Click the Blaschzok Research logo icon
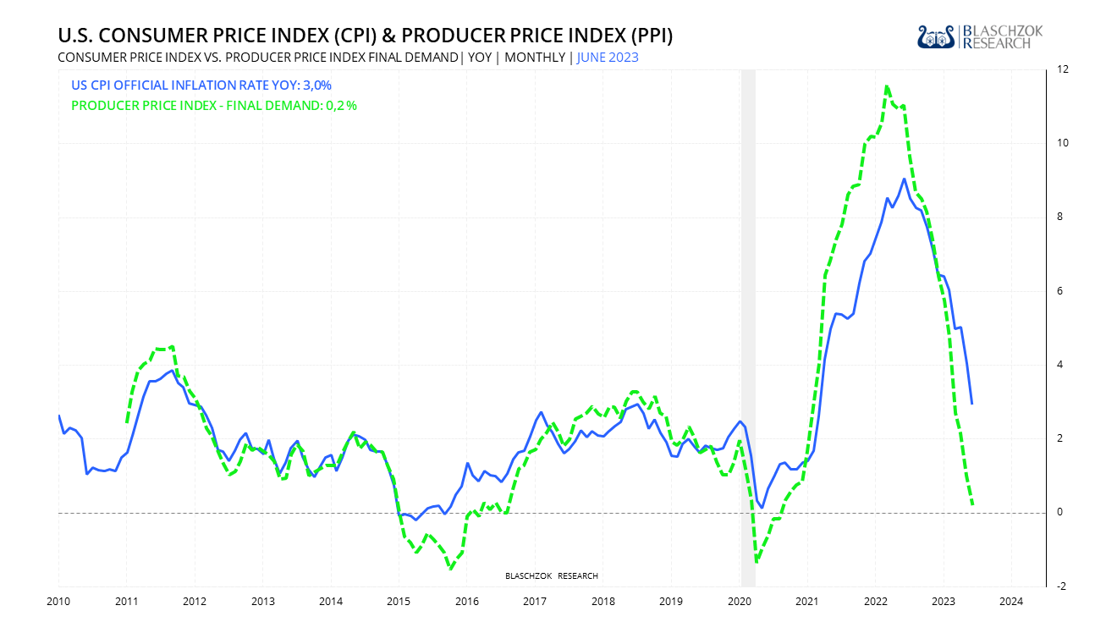[937, 36]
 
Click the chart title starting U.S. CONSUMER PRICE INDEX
[365, 36]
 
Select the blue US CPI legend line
[201, 85]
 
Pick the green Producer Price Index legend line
[214, 106]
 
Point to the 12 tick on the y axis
[1057, 69]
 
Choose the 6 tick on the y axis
[1057, 291]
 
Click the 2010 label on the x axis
[58, 602]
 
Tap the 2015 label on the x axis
[399, 602]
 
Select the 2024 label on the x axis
[1011, 602]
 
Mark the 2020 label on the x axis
[739, 602]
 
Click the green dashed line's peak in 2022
[886, 86]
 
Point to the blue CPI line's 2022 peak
[904, 179]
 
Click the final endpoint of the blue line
[971, 404]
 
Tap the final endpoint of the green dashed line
[972, 505]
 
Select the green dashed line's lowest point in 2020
[756, 561]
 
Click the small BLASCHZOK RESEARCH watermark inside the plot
[551, 576]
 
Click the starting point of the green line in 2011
[127, 422]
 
